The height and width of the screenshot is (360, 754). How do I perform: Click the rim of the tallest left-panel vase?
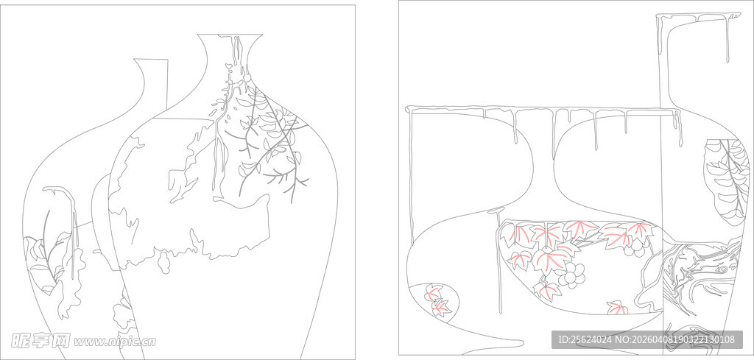pyautogui.click(x=230, y=35)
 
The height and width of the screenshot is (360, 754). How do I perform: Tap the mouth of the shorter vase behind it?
pyautogui.click(x=150, y=60)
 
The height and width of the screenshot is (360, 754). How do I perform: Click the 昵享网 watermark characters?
pyautogui.click(x=40, y=341)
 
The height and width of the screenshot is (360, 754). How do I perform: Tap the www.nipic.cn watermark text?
pyautogui.click(x=114, y=342)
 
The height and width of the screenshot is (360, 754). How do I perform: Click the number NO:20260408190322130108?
pyautogui.click(x=675, y=340)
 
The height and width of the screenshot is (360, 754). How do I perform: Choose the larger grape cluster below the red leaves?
pyautogui.click(x=573, y=275)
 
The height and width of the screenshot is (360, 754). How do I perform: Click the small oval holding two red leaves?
pyautogui.click(x=436, y=300)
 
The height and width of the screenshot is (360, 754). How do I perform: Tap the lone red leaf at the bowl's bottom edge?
pyautogui.click(x=616, y=308)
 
